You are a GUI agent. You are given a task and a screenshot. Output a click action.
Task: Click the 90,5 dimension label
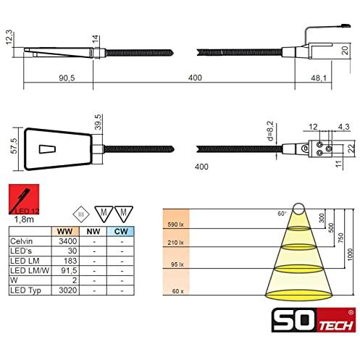coord(67,78)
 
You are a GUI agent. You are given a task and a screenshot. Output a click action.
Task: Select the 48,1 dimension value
coord(319,78)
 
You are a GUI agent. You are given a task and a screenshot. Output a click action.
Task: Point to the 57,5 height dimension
coord(14,146)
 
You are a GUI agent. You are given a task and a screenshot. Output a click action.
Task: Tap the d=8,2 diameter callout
coord(271,131)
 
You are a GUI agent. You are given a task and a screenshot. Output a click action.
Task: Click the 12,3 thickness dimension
coord(9,37)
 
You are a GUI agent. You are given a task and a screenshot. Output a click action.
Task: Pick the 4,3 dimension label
coord(343,127)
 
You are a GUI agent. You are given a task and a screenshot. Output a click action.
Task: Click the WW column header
coord(64,231)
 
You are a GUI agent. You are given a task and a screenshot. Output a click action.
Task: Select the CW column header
coord(121,231)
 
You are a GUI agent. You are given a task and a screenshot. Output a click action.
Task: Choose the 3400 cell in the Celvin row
coord(68,241)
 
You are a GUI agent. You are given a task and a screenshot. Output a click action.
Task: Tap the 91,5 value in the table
coord(69,270)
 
